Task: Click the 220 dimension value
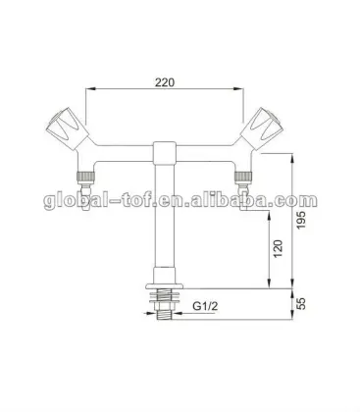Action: [165, 81]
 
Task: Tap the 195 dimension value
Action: [301, 220]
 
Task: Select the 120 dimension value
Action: [278, 248]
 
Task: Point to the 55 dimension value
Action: [301, 303]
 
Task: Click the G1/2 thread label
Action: [205, 306]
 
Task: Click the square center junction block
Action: [165, 153]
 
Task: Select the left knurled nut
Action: [86, 177]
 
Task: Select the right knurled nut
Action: [243, 177]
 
